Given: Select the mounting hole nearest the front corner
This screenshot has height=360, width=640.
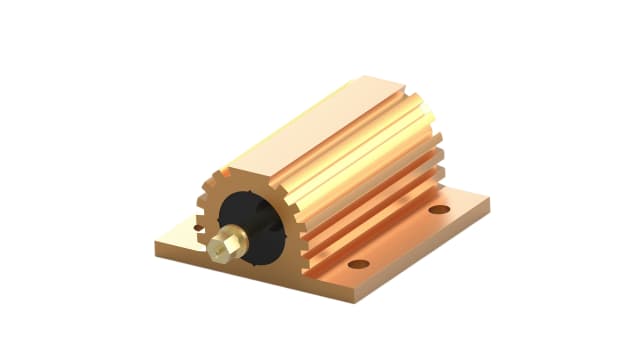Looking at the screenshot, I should click(x=358, y=264).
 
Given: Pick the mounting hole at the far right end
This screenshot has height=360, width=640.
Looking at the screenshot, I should click(x=439, y=211).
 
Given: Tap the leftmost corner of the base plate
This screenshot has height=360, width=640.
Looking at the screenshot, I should click(x=157, y=243).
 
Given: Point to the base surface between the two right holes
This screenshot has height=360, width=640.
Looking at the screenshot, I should click(x=400, y=238).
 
